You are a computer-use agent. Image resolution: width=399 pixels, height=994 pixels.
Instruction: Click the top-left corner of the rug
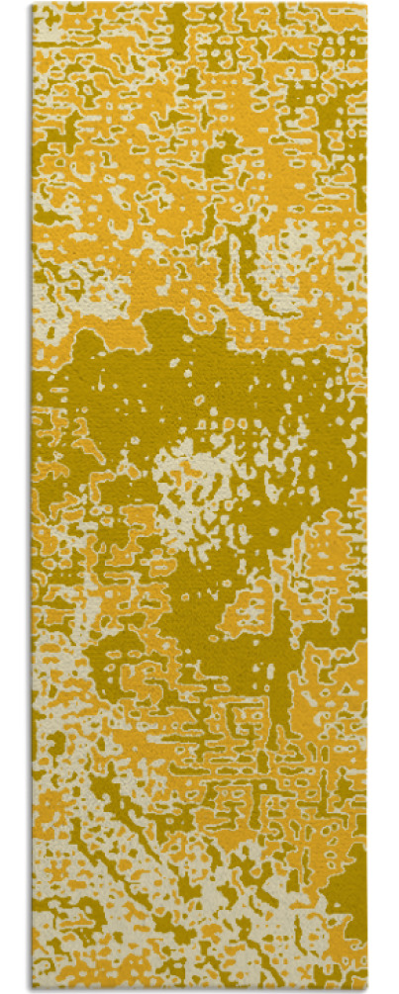33,4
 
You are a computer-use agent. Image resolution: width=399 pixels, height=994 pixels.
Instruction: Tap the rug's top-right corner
365,4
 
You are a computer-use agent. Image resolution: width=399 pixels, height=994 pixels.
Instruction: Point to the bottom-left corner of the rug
33,989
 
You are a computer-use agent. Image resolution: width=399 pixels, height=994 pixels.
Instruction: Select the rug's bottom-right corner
365,989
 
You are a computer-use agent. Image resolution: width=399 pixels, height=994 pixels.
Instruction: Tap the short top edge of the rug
198,4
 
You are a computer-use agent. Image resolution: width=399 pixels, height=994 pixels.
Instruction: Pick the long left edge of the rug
33,495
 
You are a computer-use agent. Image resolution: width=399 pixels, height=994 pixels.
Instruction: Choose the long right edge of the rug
365,495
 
